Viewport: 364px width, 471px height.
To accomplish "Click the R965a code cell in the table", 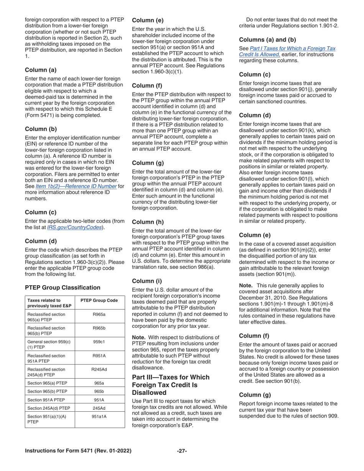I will (99, 314).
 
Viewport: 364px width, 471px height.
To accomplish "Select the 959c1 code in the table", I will (99, 342).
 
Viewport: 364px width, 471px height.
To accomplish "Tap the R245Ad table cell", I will (99, 369).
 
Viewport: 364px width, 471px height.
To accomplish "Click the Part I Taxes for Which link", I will (292, 48).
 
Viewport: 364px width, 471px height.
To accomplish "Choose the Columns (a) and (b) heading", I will (267, 39).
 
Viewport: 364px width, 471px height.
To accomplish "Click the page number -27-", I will (182, 451).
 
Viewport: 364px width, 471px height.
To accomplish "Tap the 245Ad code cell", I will (99, 407).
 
